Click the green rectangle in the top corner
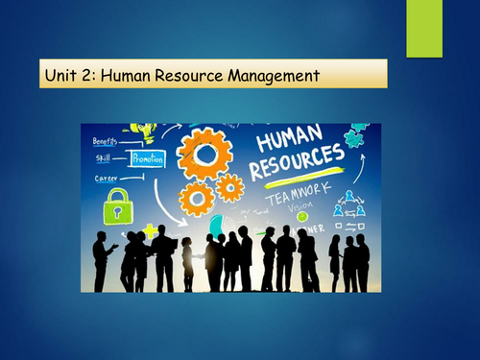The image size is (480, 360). (x=422, y=28)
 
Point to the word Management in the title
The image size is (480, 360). (x=278, y=74)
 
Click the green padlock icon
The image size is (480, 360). (x=115, y=204)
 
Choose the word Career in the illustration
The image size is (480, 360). (x=106, y=178)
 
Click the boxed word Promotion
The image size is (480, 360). (x=147, y=158)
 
